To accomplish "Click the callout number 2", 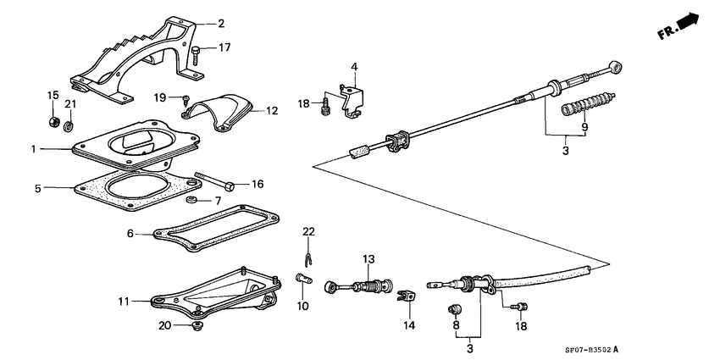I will pos(221,24).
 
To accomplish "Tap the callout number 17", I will pos(224,48).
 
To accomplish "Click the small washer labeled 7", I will pos(192,200).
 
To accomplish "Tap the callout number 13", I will pos(368,258).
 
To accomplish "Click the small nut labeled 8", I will pos(453,307).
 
